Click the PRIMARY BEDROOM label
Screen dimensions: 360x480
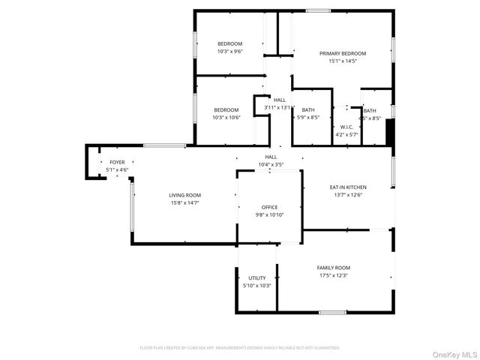click(342, 53)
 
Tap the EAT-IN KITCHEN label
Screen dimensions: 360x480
click(348, 187)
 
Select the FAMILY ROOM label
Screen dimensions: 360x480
click(333, 268)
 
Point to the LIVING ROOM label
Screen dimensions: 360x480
click(184, 195)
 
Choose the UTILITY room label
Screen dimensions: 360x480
click(256, 278)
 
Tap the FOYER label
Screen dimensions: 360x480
click(117, 162)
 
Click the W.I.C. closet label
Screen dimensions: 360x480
click(346, 127)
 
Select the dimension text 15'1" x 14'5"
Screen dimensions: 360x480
click(342, 61)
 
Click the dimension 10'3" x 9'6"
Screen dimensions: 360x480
click(229, 52)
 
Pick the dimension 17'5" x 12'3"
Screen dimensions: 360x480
click(333, 276)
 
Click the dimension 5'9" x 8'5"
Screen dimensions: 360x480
click(308, 118)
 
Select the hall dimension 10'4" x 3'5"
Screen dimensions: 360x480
click(271, 164)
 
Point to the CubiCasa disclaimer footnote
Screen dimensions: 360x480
click(240, 348)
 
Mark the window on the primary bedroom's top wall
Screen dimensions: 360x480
click(318, 10)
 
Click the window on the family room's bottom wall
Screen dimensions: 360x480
click(332, 312)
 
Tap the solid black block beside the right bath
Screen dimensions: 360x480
click(389, 133)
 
